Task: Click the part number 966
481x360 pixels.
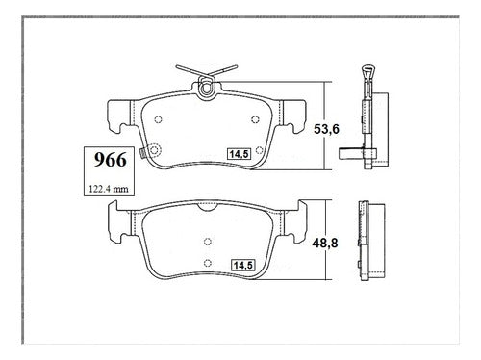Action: pyautogui.click(x=110, y=160)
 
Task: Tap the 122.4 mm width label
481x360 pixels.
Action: pyautogui.click(x=109, y=189)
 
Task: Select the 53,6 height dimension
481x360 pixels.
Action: pyautogui.click(x=326, y=129)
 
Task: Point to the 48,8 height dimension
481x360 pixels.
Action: pyautogui.click(x=325, y=243)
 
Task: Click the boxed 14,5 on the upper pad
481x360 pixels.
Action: pyautogui.click(x=240, y=154)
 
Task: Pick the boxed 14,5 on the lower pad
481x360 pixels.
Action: pyautogui.click(x=243, y=265)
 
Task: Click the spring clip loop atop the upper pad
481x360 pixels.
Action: pyautogui.click(x=206, y=87)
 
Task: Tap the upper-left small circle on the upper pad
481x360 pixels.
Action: pyautogui.click(x=158, y=119)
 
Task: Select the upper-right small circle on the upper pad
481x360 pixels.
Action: pyautogui.click(x=255, y=119)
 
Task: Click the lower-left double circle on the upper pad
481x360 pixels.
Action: pyautogui.click(x=155, y=150)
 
